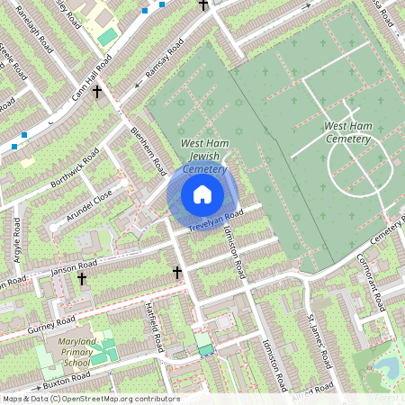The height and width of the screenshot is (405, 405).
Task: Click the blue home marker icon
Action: tap(202, 194)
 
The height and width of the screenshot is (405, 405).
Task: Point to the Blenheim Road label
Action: tap(148, 147)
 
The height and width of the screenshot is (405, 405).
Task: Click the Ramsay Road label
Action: tap(160, 64)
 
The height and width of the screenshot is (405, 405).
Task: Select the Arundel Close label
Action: tap(90, 205)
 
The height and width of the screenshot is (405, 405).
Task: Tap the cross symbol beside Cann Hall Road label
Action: tap(95, 92)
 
